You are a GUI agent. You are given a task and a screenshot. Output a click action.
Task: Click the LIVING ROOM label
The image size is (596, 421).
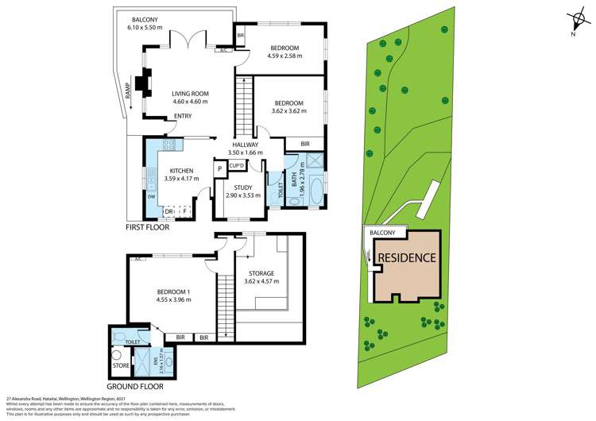190,97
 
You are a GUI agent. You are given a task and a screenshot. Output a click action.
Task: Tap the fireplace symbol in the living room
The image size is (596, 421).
144,83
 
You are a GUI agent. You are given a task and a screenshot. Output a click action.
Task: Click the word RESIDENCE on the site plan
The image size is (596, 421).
406,258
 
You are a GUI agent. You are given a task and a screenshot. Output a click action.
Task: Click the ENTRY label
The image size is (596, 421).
183,117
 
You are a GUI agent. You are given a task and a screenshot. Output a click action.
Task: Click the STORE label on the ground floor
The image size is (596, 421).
121,366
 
